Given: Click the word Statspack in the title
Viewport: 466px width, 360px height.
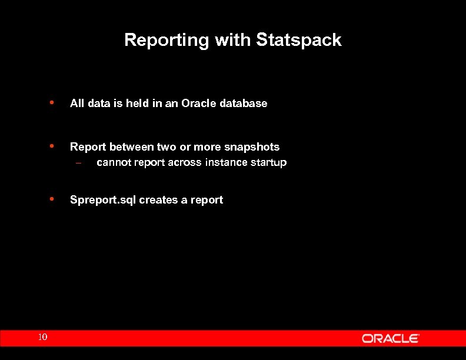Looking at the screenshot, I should [x=298, y=40].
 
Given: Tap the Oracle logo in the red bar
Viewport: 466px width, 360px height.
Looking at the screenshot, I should [x=390, y=338].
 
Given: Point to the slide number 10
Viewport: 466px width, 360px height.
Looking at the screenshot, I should [x=42, y=337].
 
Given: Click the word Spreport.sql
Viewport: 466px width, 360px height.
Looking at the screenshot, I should [x=103, y=200].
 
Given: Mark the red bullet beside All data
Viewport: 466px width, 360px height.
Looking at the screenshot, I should [x=52, y=102].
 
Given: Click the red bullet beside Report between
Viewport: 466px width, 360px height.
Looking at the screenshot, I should [x=52, y=146].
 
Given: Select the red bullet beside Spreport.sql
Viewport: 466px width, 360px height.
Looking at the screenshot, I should [x=52, y=199].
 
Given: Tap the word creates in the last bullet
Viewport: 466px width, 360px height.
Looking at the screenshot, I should [x=158, y=200].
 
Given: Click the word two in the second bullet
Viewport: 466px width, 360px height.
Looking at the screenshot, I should [x=167, y=147].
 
